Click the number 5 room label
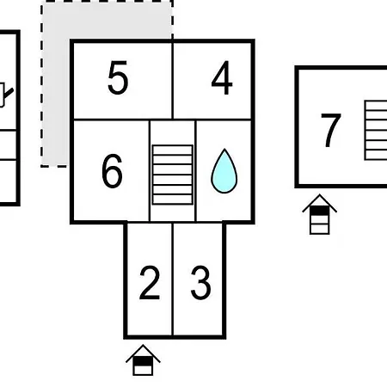[x=118, y=77]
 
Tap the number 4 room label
[x=222, y=77]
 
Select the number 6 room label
[x=112, y=171]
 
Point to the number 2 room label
[x=150, y=283]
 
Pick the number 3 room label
[x=200, y=283]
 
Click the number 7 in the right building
[x=331, y=131]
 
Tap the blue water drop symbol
[x=224, y=171]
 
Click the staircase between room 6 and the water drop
[x=173, y=175]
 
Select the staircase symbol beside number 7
[x=376, y=130]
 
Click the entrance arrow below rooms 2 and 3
[x=143, y=360]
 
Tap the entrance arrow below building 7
[x=320, y=214]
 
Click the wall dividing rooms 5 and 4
[x=173, y=80]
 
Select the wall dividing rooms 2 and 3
[x=173, y=279]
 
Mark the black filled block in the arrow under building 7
[x=320, y=211]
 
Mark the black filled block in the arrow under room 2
[x=143, y=361]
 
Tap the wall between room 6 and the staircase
[x=150, y=171]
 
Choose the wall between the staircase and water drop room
[x=196, y=171]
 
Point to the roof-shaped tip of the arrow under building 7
[x=320, y=195]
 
